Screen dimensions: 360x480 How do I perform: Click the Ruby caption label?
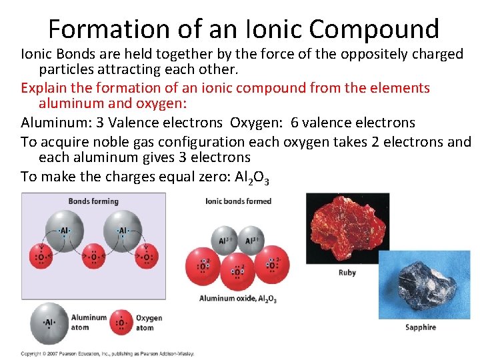[347, 273]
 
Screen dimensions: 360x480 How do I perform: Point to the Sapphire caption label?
[420, 327]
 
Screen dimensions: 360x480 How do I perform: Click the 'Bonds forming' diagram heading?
[93, 201]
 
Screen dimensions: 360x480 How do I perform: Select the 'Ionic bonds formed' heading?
[238, 201]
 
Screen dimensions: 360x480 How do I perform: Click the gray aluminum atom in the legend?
[48, 323]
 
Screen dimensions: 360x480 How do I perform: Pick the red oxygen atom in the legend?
[121, 323]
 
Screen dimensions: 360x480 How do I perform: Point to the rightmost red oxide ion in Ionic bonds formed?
[273, 263]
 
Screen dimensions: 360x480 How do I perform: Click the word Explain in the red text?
[45, 88]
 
